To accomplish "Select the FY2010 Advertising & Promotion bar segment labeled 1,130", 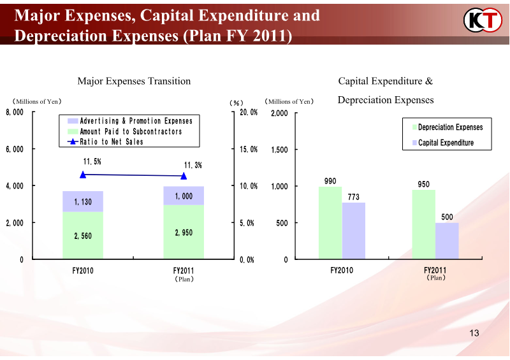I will tap(83, 201).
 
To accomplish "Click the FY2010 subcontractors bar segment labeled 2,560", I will tap(83, 235).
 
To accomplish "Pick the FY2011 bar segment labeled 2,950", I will tap(184, 232).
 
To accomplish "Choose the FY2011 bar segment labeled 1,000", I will tap(184, 196).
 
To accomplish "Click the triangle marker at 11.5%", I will tap(83, 174).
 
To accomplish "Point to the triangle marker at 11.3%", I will tap(184, 176).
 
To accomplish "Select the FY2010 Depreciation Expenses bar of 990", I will tap(330, 222).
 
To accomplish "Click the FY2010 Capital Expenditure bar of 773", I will tap(354, 231).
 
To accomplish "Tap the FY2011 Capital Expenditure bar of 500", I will tap(447, 241).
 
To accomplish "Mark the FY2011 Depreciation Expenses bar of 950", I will tap(423, 224).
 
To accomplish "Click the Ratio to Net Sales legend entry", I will tap(111, 141).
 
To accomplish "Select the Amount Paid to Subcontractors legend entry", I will tap(131, 131).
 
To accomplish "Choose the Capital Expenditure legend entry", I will tap(446, 143).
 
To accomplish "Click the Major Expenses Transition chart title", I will tap(134, 81).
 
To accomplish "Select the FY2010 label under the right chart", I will tap(342, 270).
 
